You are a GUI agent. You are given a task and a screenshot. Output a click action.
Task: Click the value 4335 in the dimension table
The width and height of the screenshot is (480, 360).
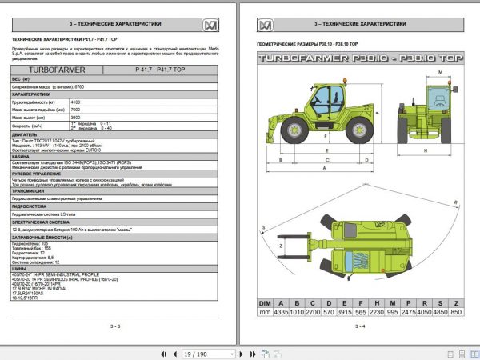282,313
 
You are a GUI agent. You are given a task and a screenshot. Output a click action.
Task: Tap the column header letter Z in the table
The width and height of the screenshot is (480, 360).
457,302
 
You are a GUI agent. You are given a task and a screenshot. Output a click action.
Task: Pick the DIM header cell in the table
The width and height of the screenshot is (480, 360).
264,302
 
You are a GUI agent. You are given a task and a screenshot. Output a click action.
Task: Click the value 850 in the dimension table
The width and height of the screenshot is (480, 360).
457,313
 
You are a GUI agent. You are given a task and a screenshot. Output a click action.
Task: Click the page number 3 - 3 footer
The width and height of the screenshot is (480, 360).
114,326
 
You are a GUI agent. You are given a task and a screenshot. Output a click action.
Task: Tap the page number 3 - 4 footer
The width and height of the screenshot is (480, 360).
358,326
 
